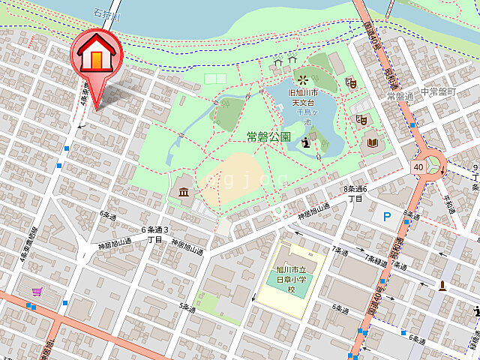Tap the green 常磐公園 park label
click(x=268, y=136)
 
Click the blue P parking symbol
click(x=387, y=217)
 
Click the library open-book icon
click(x=373, y=142)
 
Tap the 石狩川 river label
click(x=106, y=12)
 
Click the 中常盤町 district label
click(x=437, y=91)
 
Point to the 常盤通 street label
click(x=400, y=97)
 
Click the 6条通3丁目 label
click(x=155, y=234)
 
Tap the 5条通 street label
click(x=187, y=307)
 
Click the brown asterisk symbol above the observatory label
click(x=302, y=79)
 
